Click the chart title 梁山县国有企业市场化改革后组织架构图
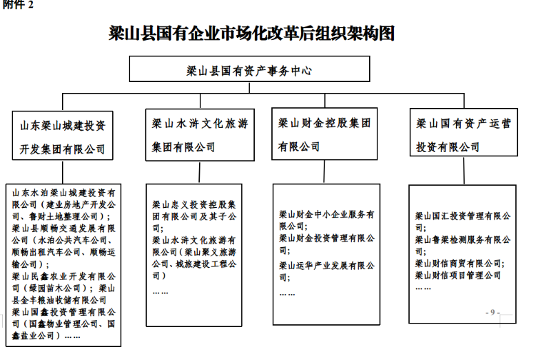point(251,34)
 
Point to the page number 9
point(492,313)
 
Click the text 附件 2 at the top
point(18,5)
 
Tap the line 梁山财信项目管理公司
point(458,275)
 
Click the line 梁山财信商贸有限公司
point(460,264)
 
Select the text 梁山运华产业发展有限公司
point(326,266)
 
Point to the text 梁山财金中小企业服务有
point(326,214)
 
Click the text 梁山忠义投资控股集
point(194,204)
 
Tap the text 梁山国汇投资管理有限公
point(463,216)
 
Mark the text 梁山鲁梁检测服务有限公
point(463,240)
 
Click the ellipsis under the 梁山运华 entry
point(287,294)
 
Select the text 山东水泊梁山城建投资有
point(63,193)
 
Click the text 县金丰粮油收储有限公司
point(59,300)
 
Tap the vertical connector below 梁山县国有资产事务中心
point(249,88)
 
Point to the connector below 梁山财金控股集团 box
point(324,171)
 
